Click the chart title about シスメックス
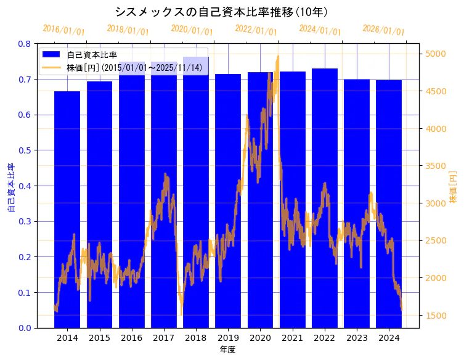pyautogui.click(x=221, y=12)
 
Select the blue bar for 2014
pyautogui.click(x=67, y=210)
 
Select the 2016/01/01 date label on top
pyautogui.click(x=63, y=30)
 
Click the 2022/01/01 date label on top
pyautogui.click(x=256, y=30)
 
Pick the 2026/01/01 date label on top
pyautogui.click(x=383, y=30)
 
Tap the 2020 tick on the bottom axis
pyautogui.click(x=260, y=338)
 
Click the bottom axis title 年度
pyautogui.click(x=228, y=350)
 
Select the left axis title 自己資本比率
pyautogui.click(x=11, y=188)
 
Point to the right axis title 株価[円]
pyautogui.click(x=454, y=188)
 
